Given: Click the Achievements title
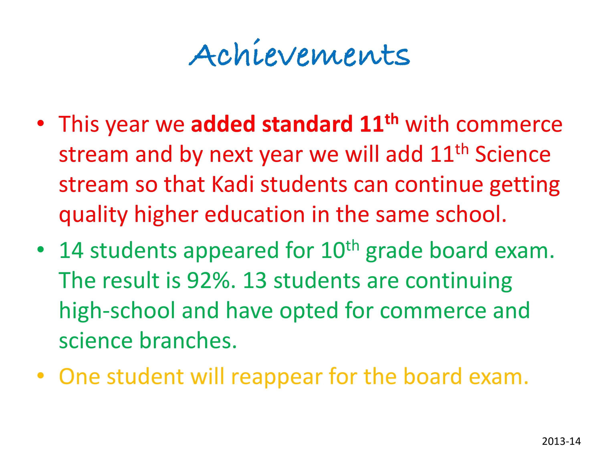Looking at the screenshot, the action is pos(299,53).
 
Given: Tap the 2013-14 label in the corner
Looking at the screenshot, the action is pos(561,434).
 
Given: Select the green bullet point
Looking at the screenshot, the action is pos(41,250).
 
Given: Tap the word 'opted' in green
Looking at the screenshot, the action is pos(309,311).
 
